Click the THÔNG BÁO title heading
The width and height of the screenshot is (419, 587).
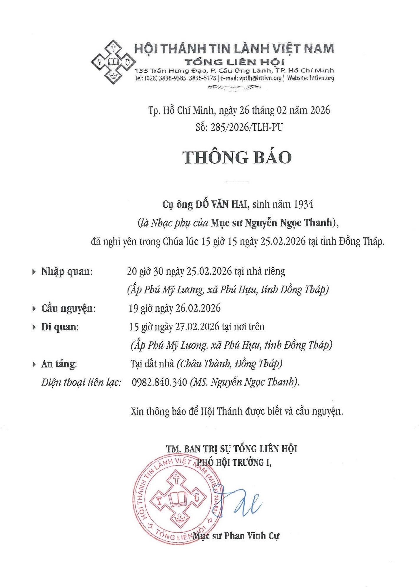point(237,157)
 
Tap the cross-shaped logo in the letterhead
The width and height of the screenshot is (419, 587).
point(113,62)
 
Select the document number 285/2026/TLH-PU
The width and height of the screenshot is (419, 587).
point(247,127)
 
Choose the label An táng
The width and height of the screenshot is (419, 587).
point(59,364)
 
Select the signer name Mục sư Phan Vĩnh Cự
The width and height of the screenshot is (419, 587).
point(236,535)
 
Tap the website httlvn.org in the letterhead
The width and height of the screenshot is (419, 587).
point(322,78)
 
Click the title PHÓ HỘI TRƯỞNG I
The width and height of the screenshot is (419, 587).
point(234,462)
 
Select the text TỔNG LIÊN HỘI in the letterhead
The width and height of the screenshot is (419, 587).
point(234,62)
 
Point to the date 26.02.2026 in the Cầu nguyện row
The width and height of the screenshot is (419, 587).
point(198,309)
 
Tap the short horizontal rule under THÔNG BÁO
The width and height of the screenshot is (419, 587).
point(237,182)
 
